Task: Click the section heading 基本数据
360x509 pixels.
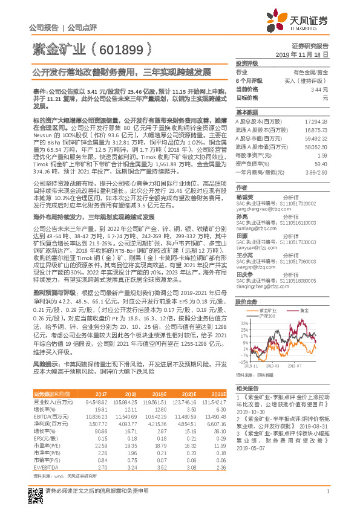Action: (x=247, y=112)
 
